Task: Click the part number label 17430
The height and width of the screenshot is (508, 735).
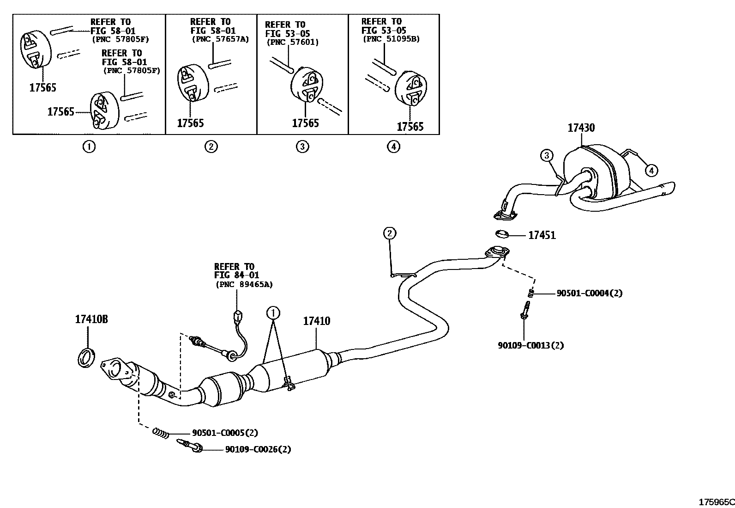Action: coord(581,128)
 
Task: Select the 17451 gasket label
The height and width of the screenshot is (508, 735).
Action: coord(542,235)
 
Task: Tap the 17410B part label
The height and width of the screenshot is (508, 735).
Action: coord(91,319)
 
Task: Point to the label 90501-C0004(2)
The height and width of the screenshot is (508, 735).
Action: coord(589,293)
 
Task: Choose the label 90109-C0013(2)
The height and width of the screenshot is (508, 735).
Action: coord(530,345)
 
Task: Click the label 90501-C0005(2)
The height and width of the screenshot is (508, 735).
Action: coord(225,433)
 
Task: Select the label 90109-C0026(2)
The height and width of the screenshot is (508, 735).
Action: coord(258,449)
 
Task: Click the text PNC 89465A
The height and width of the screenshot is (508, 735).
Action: coord(244,285)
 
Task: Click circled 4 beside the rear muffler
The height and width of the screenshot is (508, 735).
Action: coord(651,171)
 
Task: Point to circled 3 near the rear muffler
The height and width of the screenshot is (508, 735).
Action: coord(547,156)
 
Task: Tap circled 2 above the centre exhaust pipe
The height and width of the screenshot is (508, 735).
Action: coord(390,233)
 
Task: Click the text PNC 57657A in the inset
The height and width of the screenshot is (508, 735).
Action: coord(220,39)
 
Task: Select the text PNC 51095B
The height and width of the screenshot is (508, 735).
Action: coord(391,39)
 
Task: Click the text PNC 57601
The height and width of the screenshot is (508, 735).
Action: coord(292,42)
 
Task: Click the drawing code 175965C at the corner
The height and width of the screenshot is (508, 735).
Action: coord(716,502)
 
